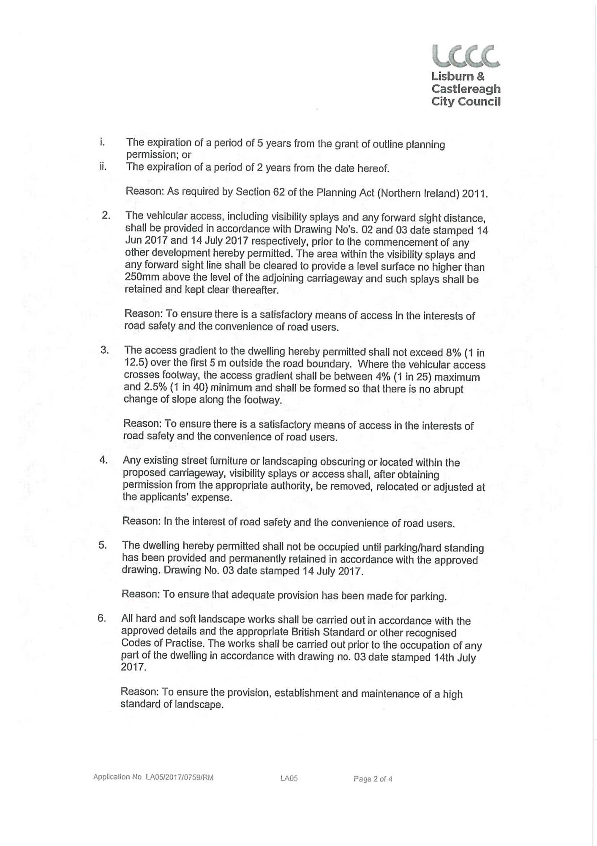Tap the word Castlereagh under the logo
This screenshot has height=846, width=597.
click(466, 89)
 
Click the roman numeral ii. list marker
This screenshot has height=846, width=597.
click(103, 166)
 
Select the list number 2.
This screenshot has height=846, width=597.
click(106, 215)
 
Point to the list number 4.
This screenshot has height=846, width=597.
click(104, 460)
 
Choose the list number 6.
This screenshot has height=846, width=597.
click(101, 618)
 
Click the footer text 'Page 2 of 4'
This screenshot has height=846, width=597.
click(373, 778)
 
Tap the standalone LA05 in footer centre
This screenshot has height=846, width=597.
click(289, 778)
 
